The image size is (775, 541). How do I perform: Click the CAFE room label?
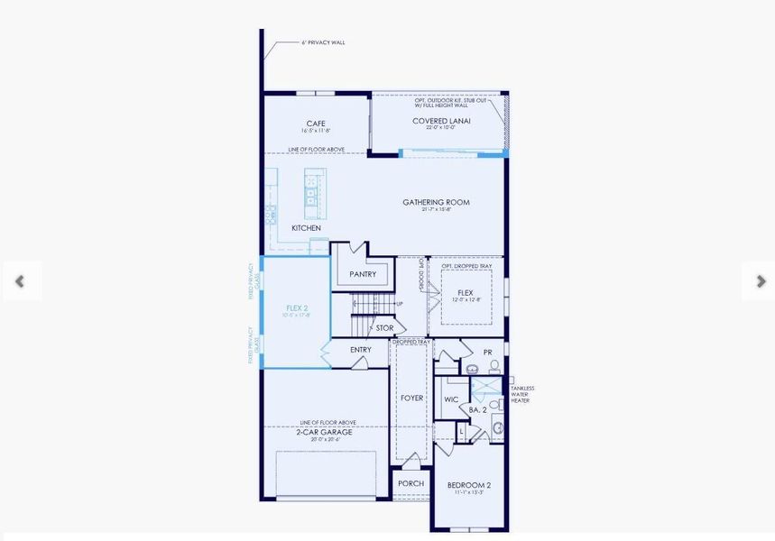tap(316, 124)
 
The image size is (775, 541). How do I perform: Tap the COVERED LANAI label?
tap(441, 121)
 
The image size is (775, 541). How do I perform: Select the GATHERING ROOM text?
tap(436, 203)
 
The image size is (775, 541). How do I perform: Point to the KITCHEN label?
tap(306, 228)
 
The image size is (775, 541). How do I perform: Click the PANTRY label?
tap(363, 274)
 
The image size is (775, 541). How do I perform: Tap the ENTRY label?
tap(360, 350)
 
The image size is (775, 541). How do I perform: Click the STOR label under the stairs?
tap(384, 328)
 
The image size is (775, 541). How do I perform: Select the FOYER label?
tap(411, 398)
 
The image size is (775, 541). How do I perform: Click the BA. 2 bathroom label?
tap(477, 409)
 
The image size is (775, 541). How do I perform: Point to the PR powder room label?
tap(487, 353)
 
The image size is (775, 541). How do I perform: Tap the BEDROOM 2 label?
tap(469, 485)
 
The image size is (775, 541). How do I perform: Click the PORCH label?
tap(411, 483)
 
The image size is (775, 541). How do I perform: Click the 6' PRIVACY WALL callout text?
tap(323, 42)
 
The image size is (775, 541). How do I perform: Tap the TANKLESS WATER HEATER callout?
tap(522, 394)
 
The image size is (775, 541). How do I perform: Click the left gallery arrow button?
tap(20, 281)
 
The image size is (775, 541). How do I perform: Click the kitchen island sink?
tap(311, 192)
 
